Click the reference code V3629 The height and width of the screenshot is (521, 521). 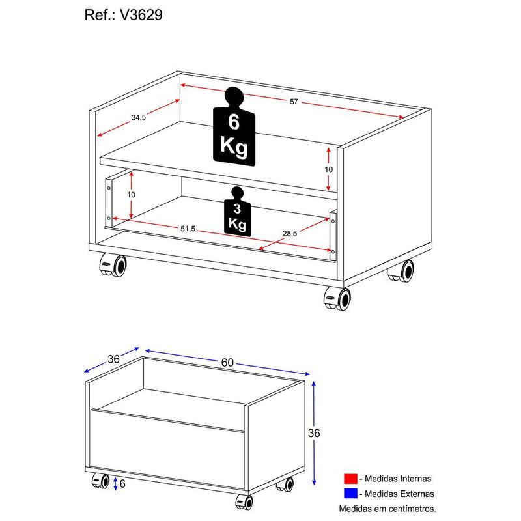point(141,15)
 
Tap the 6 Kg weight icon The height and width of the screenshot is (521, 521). point(234,126)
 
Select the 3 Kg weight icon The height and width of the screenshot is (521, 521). point(237,211)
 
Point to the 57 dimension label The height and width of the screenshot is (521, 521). point(294,102)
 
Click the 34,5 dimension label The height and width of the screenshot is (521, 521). point(139,117)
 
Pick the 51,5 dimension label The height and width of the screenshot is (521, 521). point(188,229)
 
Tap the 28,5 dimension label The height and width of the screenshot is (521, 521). point(290,234)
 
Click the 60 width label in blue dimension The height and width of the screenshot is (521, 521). point(227,363)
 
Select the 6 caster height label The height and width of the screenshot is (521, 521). point(122,484)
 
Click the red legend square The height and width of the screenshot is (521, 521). point(350,479)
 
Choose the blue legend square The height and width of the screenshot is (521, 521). point(350,494)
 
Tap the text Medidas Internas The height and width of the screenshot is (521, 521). point(398,479)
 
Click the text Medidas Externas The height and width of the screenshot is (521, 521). point(399,494)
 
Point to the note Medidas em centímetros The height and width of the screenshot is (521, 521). point(387,509)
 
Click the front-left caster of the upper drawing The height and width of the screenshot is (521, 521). point(113,265)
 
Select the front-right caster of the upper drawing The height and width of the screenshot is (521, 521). point(337,298)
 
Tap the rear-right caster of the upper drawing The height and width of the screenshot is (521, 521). point(401,271)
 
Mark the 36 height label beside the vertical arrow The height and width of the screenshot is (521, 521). point(314,433)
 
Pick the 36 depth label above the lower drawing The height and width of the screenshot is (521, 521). point(113,359)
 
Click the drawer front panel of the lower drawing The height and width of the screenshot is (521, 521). point(167,449)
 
